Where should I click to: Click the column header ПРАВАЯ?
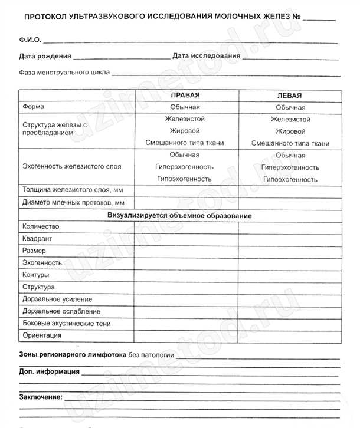185,95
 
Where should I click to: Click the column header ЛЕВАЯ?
289,96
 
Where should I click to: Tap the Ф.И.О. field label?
28,41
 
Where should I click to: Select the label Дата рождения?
45,56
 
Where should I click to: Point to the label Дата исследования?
206,56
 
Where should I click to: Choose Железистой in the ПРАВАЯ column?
185,119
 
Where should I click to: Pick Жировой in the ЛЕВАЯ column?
290,131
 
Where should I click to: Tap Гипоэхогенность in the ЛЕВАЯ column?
290,179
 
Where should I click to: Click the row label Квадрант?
37,239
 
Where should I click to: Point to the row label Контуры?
35,275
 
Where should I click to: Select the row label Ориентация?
41,335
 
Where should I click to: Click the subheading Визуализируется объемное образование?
179,216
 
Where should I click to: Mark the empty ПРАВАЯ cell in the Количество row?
186,227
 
